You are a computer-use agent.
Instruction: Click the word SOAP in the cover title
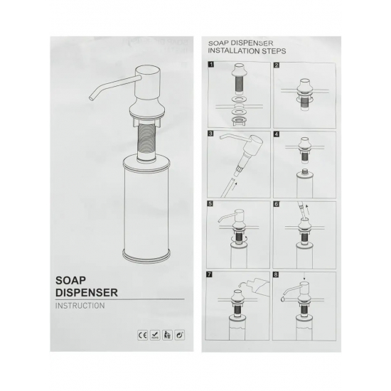pos(70,281)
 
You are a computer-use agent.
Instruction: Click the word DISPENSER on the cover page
pos(87,292)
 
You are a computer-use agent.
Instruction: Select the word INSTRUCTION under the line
pos(80,306)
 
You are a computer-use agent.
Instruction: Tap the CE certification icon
pos(143,335)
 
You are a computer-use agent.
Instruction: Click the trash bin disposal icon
pos(167,335)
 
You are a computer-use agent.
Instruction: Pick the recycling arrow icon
pos(180,335)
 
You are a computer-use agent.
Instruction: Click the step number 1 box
pos(211,65)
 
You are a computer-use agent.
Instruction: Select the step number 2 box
pos(277,65)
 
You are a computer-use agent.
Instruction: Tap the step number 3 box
pos(210,134)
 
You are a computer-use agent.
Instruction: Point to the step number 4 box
pos(277,134)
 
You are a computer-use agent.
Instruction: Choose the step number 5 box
pos(210,204)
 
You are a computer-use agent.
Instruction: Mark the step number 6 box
pos(277,204)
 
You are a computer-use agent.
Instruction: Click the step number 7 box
pos(210,274)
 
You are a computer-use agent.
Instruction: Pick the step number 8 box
pos(276,275)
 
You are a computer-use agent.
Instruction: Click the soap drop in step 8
pos(282,299)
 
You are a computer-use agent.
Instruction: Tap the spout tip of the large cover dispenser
pos(91,98)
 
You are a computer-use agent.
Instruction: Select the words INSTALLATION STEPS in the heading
pos(247,51)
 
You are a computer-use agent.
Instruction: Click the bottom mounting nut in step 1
pos(239,122)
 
